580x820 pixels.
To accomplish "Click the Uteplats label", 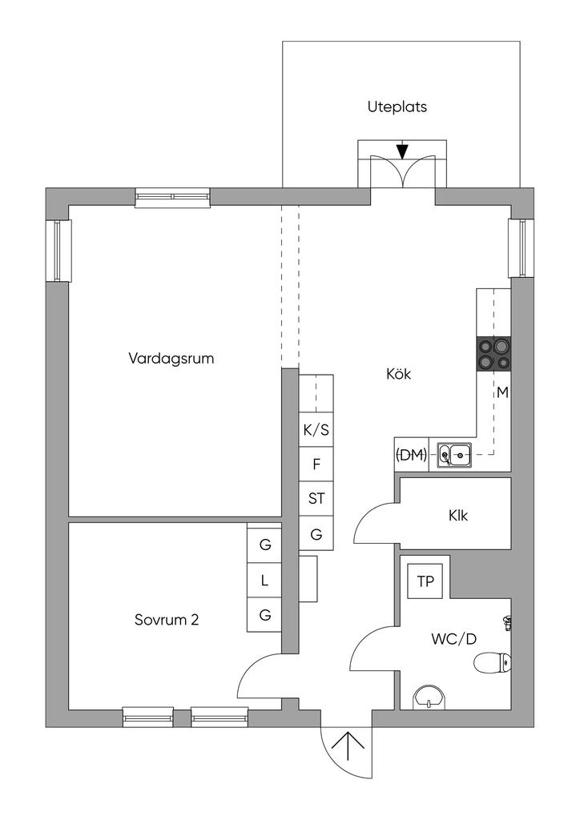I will click(397, 107).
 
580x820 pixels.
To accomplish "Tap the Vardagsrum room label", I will click(171, 358).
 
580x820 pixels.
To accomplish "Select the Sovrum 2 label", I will click(167, 619).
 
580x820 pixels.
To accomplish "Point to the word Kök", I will click(398, 373).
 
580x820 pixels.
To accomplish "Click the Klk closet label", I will click(458, 516).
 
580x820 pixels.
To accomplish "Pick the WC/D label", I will click(453, 640).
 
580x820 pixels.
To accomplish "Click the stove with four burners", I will click(493, 353).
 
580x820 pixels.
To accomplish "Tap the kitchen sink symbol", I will click(455, 455).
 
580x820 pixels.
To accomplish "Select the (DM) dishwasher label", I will click(411, 455).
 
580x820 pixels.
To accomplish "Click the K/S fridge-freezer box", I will click(316, 430).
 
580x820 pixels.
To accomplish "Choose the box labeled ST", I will click(316, 498).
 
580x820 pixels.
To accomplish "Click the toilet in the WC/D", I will click(491, 662).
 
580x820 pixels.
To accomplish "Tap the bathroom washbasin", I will click(431, 697).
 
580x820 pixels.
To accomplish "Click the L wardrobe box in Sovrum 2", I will click(264, 581).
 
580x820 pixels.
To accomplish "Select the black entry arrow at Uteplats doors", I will click(402, 151).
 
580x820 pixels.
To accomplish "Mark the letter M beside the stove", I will click(502, 392).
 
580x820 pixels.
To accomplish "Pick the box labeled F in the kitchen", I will click(316, 464).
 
